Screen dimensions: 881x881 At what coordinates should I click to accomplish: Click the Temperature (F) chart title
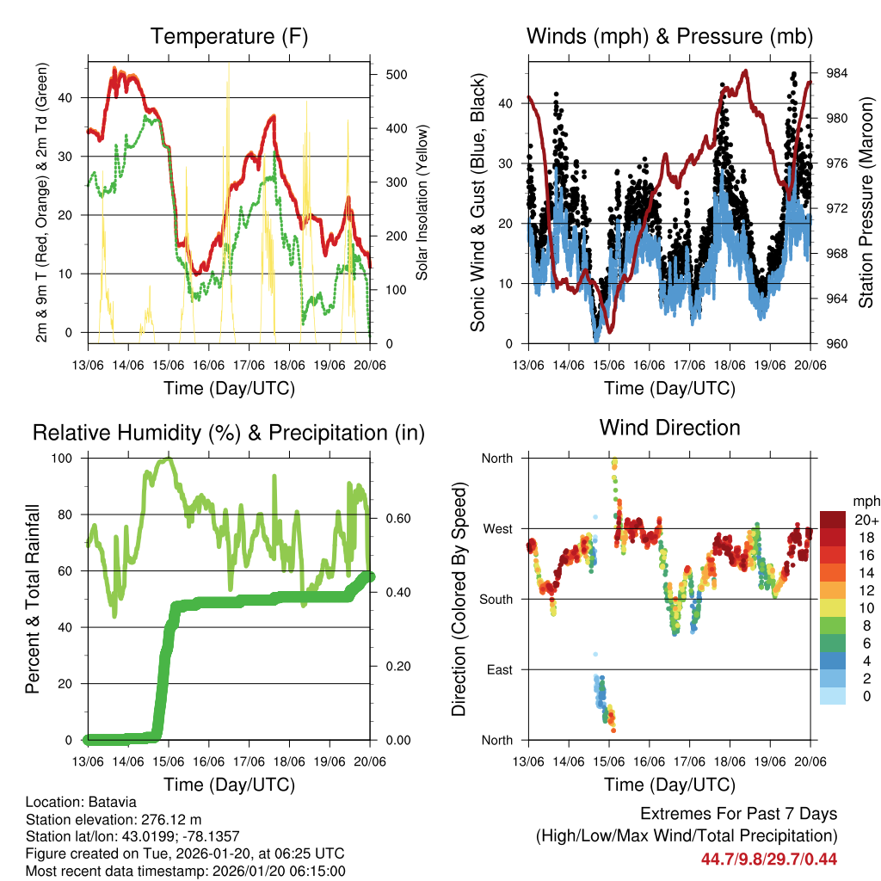229,36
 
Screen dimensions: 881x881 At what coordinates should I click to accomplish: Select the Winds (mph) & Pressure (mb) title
669,36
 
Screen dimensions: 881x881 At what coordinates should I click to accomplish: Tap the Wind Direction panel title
669,427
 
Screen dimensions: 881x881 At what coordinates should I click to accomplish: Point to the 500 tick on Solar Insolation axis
397,74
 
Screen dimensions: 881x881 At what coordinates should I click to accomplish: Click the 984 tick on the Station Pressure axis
837,73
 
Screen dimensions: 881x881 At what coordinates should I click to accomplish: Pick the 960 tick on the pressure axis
837,344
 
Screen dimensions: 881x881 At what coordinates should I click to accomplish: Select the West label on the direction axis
496,528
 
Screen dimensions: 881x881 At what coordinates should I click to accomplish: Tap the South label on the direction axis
496,599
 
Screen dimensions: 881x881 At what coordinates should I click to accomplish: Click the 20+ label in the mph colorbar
865,520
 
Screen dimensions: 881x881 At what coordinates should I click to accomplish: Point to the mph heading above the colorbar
865,500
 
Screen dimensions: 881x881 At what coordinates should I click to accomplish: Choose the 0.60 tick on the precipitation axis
391,518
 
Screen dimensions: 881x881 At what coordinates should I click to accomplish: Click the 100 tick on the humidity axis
65,458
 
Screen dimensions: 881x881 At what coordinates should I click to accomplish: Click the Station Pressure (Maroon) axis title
866,202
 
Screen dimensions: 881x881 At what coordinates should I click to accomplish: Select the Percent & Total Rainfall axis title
33,599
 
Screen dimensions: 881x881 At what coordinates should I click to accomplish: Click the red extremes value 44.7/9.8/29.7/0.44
769,859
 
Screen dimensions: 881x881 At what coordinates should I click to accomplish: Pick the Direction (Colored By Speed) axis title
459,599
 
